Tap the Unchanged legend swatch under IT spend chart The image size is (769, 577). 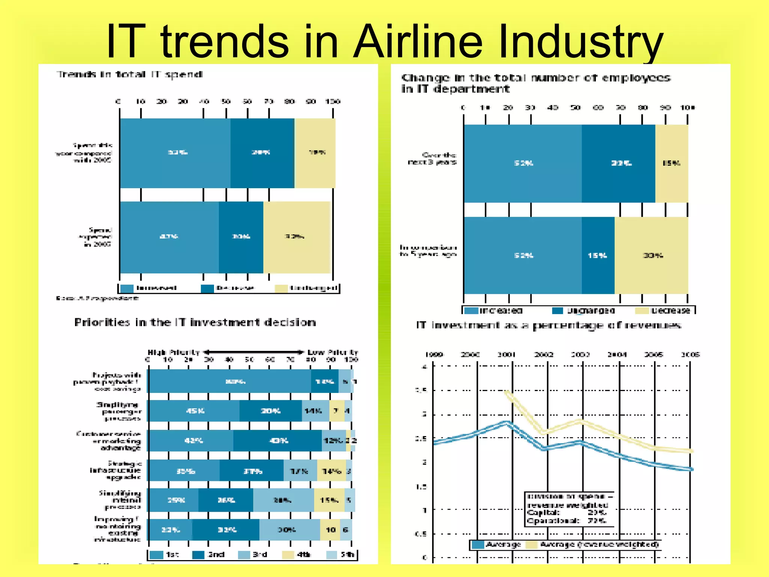pyautogui.click(x=281, y=288)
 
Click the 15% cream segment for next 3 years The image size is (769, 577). pyautogui.click(x=671, y=163)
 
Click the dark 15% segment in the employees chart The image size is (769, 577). pyautogui.click(x=598, y=255)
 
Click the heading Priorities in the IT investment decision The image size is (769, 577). pyautogui.click(x=195, y=322)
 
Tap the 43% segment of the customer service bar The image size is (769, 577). pyautogui.click(x=277, y=441)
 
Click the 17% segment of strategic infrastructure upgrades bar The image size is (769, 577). pyautogui.click(x=300, y=471)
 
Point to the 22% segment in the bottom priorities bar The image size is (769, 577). pyautogui.click(x=170, y=530)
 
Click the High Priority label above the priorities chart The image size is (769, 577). pyautogui.click(x=173, y=352)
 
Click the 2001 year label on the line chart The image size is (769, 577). pyautogui.click(x=507, y=354)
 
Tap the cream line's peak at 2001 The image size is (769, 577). pyautogui.click(x=507, y=393)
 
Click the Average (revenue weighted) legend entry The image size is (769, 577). pyautogui.click(x=593, y=544)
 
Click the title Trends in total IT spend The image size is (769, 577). pyautogui.click(x=130, y=74)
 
